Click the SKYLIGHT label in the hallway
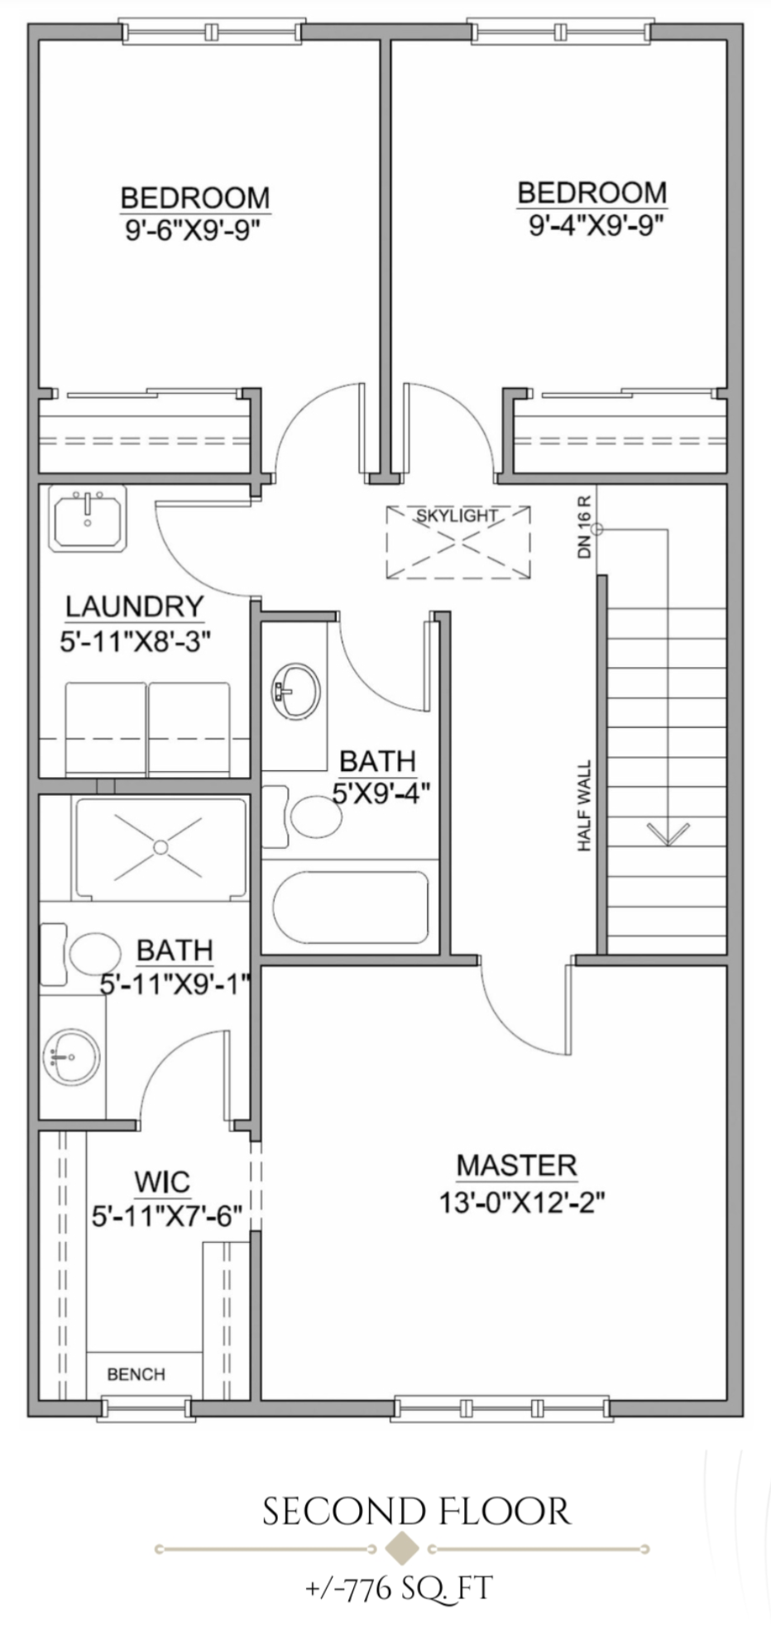tap(457, 515)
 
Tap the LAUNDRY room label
tap(134, 606)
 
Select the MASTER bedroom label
tap(516, 1166)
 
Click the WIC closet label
tap(162, 1182)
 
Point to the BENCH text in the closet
tap(136, 1374)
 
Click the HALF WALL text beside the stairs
tap(585, 806)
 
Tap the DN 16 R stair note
tap(585, 526)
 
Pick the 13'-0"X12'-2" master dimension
tap(521, 1201)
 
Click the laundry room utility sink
tap(87, 519)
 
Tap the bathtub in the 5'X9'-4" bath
tap(352, 907)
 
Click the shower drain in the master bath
tap(160, 847)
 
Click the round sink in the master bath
tap(71, 1057)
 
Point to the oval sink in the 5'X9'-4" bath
tap(295, 689)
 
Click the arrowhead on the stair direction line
tap(668, 834)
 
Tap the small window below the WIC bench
tap(146, 1407)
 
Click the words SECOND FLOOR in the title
tap(416, 1512)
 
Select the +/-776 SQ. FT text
tap(398, 1588)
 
